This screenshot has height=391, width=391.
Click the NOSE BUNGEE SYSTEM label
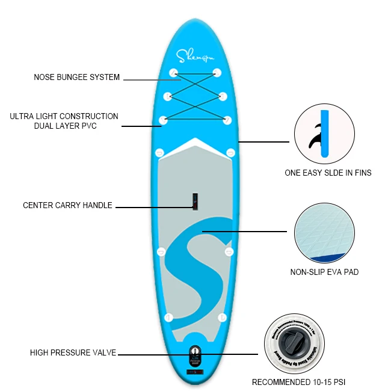click(x=76, y=78)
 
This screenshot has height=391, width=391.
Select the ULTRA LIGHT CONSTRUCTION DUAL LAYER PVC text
click(x=64, y=121)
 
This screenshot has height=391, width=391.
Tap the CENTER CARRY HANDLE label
click(x=67, y=206)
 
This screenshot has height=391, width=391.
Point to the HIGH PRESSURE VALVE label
click(x=73, y=353)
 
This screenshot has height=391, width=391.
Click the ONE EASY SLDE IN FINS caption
click(x=328, y=173)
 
